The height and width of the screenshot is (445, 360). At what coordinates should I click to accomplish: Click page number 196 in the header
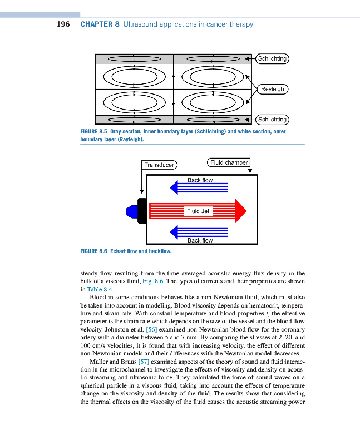tap(63, 24)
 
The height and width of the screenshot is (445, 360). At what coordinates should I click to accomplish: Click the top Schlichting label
tap(272, 58)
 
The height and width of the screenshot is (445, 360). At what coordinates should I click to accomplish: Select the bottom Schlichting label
tap(272, 120)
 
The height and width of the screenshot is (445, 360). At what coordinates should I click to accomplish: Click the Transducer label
tap(160, 165)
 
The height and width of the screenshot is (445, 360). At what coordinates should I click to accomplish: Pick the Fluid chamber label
tap(229, 162)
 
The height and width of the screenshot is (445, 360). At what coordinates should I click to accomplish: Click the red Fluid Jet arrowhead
tap(241, 211)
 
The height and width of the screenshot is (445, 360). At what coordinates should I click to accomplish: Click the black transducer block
tap(142, 211)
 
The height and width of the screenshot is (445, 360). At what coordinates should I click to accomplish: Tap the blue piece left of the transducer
tap(132, 211)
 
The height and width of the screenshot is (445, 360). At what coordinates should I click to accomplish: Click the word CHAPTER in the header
tap(97, 24)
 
